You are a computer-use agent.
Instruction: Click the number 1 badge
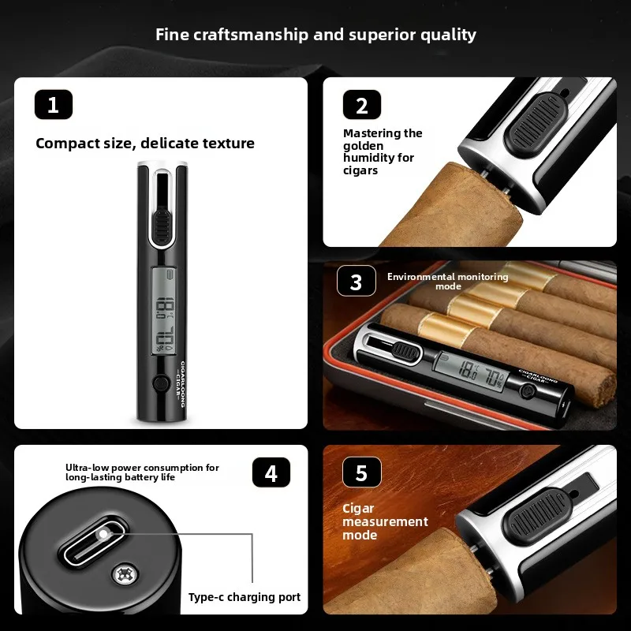[x=54, y=105]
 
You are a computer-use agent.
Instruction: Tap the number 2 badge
[x=362, y=105]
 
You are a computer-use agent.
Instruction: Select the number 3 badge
[x=357, y=281]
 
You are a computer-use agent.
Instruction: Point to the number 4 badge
[x=271, y=472]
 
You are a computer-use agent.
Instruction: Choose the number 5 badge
[x=362, y=472]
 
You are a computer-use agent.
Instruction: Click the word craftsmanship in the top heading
[x=251, y=35]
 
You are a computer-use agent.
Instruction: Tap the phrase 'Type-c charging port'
[x=245, y=597]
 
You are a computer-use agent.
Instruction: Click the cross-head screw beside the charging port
[x=125, y=574]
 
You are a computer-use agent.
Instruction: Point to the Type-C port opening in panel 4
[x=93, y=541]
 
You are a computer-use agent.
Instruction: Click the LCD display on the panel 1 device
[x=164, y=312]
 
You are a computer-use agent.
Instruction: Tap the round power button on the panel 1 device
[x=161, y=383]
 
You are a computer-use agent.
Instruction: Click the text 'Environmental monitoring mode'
[x=448, y=282]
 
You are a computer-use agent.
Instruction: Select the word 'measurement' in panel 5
[x=385, y=521]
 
